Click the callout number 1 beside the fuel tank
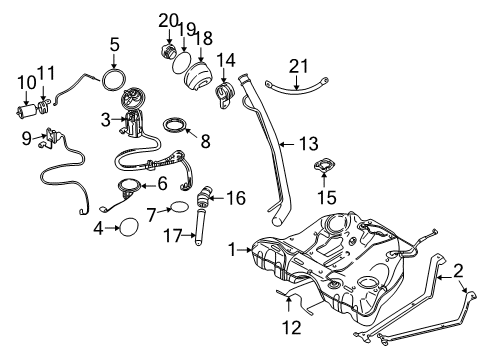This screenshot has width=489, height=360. point(231,248)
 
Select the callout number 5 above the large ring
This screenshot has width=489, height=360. point(116,44)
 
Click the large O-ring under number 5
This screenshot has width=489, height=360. point(116,76)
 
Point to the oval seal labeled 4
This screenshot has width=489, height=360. point(129,229)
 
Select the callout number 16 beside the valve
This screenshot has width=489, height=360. point(235,199)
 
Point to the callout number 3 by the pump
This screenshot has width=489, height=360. point(104,119)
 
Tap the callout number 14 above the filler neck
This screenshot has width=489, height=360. point(226,60)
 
